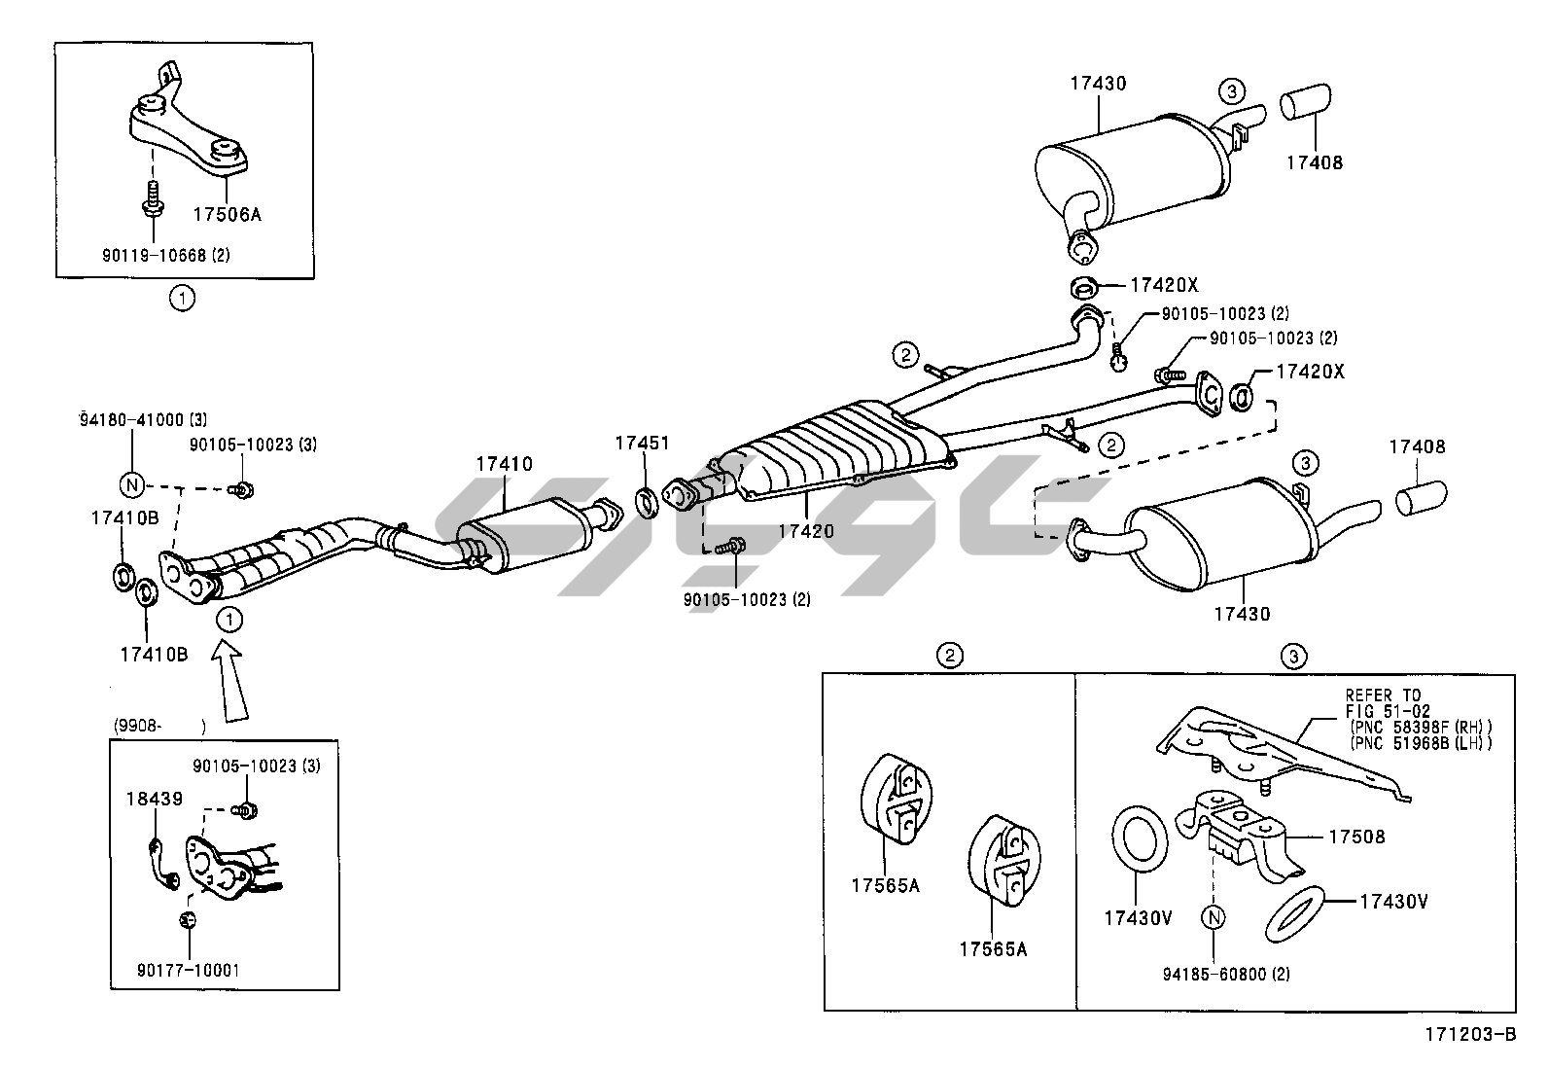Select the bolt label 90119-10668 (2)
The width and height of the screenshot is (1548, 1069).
pos(166,255)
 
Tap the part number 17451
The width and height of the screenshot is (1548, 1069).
pos(642,444)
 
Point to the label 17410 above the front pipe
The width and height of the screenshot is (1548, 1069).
pos(504,464)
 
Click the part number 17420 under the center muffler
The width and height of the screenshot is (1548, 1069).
pos(806,531)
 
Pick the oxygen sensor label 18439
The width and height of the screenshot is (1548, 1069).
pos(154,799)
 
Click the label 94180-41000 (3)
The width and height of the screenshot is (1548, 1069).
pos(143,419)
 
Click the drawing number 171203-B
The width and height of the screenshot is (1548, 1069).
pos(1471,1034)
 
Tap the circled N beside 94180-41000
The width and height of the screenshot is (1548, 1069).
pos(131,484)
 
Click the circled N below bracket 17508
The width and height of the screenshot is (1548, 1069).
pos(1213,916)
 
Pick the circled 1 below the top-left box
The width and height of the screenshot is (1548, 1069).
pos(182,298)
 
